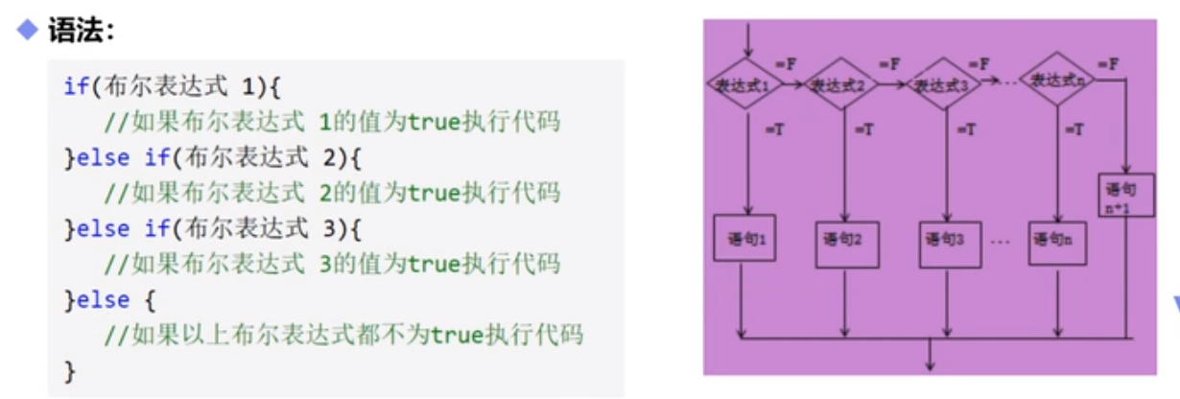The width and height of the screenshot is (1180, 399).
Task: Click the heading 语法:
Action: tap(81, 31)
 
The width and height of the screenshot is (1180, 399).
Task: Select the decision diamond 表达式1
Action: tap(744, 84)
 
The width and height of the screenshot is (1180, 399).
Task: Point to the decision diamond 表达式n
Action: tap(1059, 82)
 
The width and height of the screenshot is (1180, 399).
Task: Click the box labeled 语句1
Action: tap(744, 238)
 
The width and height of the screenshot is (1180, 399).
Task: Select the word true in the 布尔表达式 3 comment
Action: tap(435, 263)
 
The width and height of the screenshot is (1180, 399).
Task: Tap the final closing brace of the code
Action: tap(69, 369)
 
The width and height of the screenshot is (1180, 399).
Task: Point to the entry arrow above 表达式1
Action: tap(744, 38)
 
